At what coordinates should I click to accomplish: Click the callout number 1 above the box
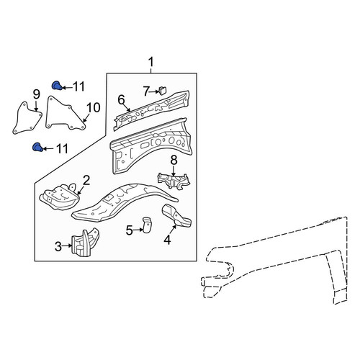tap(150, 62)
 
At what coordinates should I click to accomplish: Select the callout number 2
tap(86, 180)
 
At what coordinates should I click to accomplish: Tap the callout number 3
tap(58, 246)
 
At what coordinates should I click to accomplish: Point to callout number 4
tap(167, 240)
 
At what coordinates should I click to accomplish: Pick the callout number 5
tap(129, 230)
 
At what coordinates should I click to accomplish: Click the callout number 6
tap(122, 100)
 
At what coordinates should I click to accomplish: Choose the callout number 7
tap(147, 91)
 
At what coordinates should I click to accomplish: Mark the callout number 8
tap(174, 160)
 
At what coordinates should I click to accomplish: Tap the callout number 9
tap(36, 94)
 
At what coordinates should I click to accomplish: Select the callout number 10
tap(93, 107)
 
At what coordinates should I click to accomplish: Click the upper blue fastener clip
tap(57, 86)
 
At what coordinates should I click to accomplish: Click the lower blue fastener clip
tap(37, 147)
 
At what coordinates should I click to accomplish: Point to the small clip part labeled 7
tap(163, 91)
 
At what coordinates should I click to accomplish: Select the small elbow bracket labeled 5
tap(147, 225)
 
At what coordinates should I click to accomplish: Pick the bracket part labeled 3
tap(85, 243)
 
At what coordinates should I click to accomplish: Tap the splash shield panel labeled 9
tap(27, 118)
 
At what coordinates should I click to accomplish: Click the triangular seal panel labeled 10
tap(64, 114)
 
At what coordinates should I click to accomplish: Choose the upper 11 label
tap(78, 86)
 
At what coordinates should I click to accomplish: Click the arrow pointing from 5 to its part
tap(138, 230)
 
